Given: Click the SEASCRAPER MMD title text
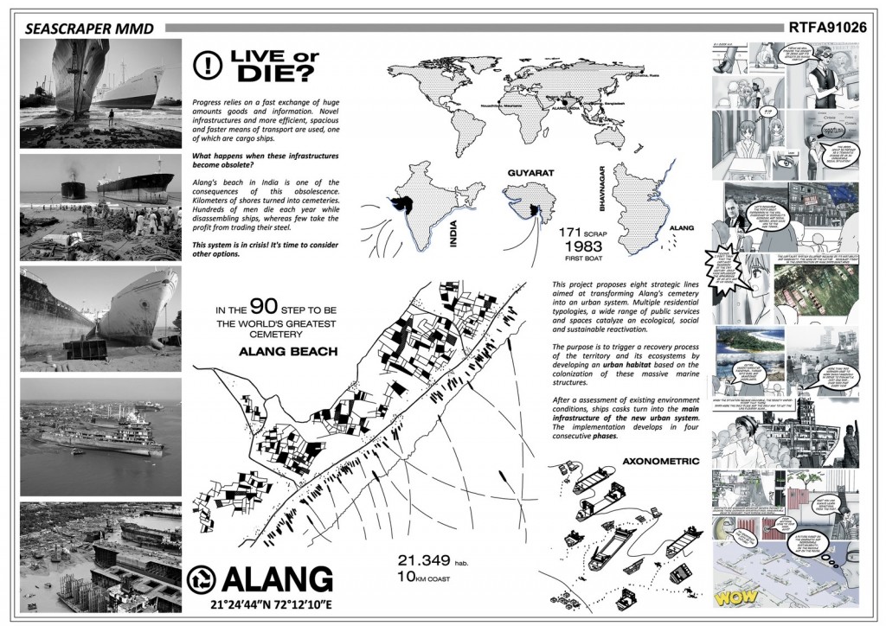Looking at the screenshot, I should tap(90, 29).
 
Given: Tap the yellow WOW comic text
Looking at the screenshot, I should tap(737, 597).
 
